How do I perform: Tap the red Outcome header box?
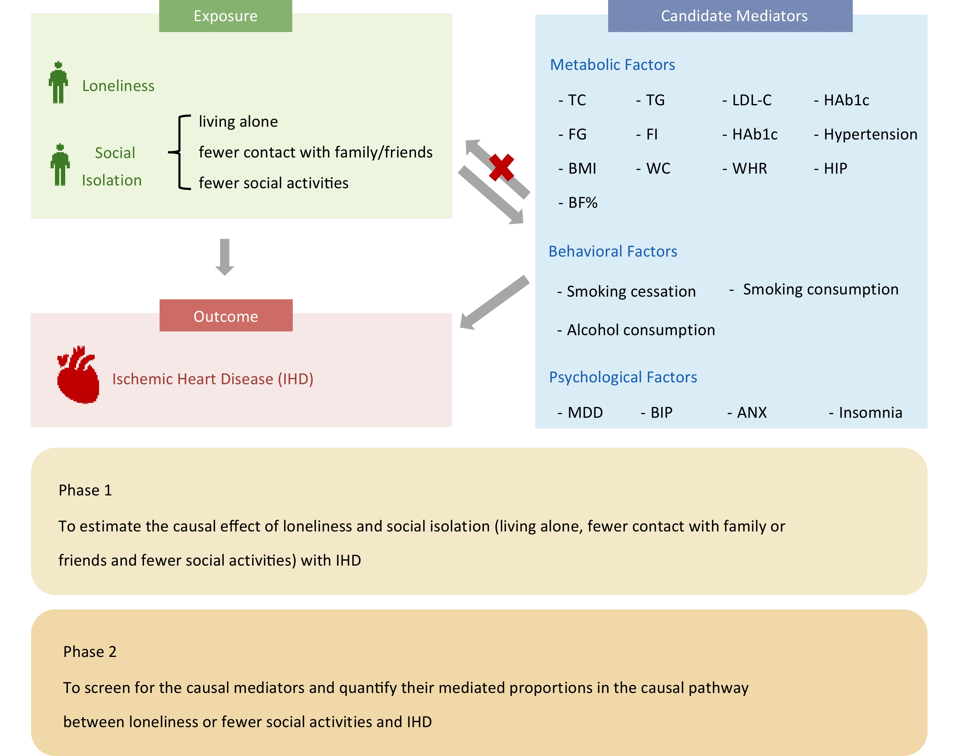pos(226,315)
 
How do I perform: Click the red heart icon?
pos(78,374)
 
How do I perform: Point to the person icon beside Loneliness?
pos(58,82)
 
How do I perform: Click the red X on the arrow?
pos(501,167)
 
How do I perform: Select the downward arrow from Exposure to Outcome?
pos(225,257)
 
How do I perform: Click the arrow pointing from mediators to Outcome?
pos(495,302)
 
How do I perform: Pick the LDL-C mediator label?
pos(747,100)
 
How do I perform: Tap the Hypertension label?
pos(866,134)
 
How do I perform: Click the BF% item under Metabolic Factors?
pos(578,203)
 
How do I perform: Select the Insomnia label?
pos(865,412)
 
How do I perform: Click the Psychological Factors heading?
pos(623,377)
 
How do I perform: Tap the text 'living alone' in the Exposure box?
pos(238,121)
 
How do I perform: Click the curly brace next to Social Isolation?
pos(179,152)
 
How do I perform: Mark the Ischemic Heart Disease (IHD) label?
pos(213,379)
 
